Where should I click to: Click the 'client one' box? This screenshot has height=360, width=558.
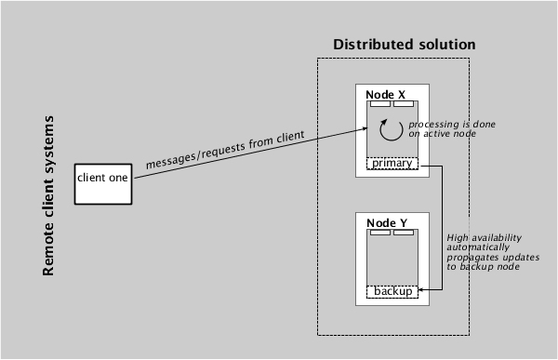click(102, 179)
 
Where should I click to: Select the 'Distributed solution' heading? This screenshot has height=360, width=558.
click(405, 45)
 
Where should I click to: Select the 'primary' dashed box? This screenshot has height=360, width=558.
click(392, 164)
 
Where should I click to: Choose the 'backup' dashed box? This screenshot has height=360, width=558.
click(392, 292)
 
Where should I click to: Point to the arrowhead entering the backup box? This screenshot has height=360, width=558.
click(421, 292)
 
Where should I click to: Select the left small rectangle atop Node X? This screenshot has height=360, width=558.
click(380, 103)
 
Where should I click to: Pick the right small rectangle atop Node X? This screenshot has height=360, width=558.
click(403, 103)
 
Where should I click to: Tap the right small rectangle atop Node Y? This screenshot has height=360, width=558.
click(403, 232)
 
